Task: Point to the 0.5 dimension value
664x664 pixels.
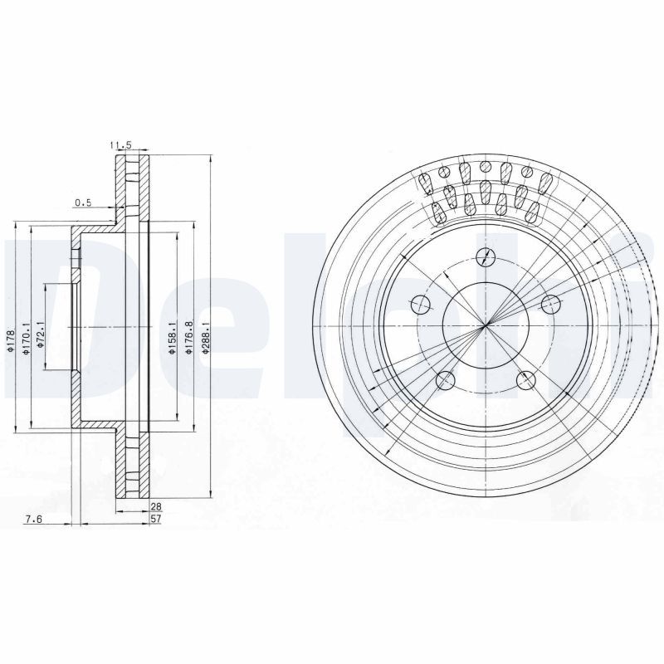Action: (x=83, y=203)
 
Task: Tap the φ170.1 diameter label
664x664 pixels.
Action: (x=27, y=339)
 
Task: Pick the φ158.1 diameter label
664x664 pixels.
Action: (x=173, y=339)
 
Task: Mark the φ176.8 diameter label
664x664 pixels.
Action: (x=190, y=339)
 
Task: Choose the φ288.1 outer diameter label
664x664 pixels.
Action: (x=207, y=339)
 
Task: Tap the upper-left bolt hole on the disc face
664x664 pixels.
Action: (x=421, y=303)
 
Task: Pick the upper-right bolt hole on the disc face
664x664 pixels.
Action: (x=549, y=304)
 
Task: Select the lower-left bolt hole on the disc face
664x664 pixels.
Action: (x=445, y=381)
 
